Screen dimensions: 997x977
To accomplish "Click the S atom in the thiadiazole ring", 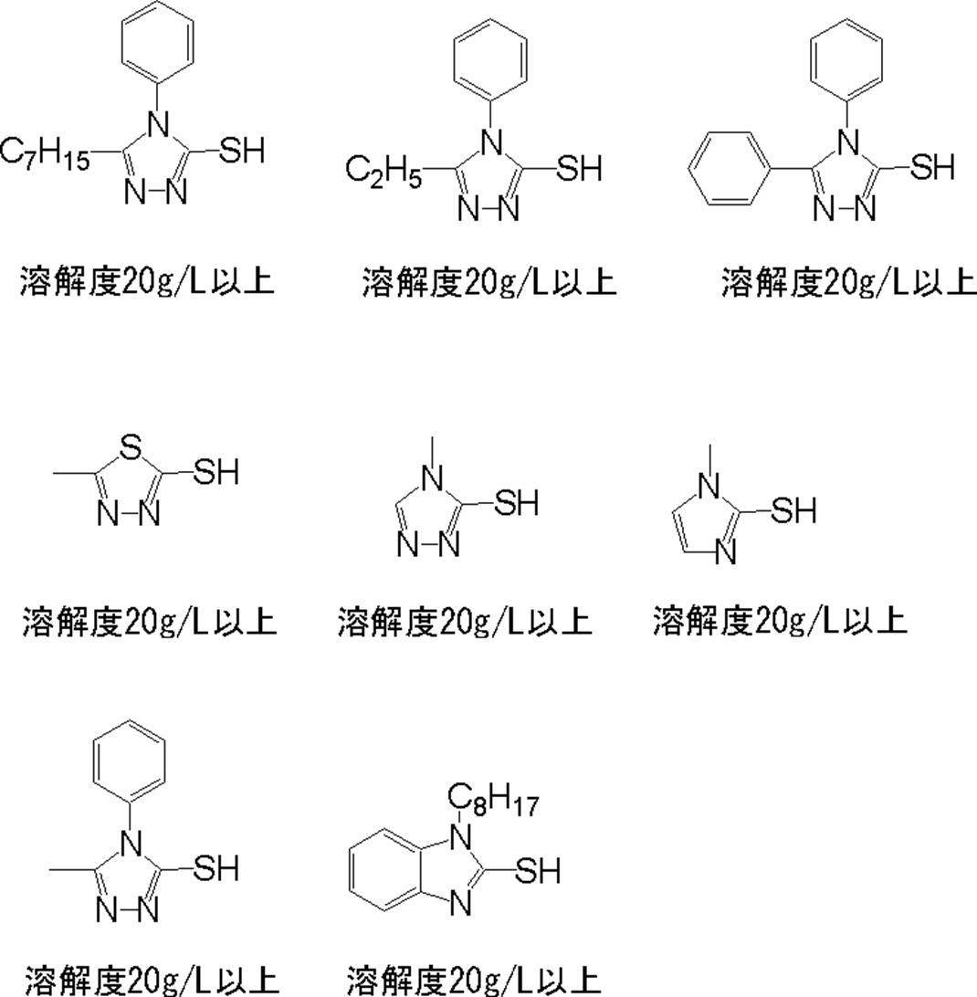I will coord(131,447).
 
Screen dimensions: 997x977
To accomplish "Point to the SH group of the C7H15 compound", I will coord(243,150).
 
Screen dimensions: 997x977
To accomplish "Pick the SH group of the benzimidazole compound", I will coord(537,871).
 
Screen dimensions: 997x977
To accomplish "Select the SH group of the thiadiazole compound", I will coord(215,472).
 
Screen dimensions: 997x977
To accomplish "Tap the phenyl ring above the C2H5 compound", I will coord(490,58).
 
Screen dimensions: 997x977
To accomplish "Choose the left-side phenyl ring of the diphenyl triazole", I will coord(724,169).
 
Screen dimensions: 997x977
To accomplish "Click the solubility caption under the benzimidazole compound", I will coord(474,980).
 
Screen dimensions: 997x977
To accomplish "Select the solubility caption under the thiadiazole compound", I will coord(149,622).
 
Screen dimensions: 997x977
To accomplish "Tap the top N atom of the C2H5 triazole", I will coord(492,142).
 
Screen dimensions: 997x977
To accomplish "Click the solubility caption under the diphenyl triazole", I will coord(848,281).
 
